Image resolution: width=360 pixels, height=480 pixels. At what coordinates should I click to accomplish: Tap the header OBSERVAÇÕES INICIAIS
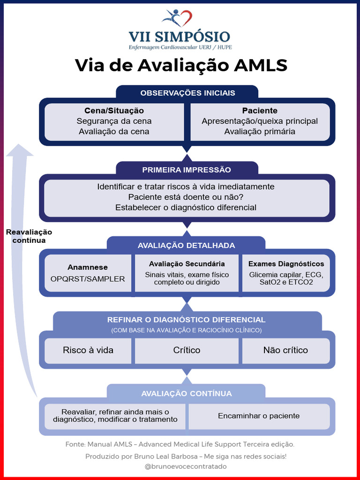187,93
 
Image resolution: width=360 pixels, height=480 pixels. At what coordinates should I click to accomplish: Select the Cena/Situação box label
114,111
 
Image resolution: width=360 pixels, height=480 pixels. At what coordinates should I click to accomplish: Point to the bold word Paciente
260,111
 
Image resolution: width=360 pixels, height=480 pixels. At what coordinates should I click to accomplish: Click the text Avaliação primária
260,132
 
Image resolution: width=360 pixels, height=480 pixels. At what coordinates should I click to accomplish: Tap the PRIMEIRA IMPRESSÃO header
187,170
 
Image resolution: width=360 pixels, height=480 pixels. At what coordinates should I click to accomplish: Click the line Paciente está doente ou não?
186,197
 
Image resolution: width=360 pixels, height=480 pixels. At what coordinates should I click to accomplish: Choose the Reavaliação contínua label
29,236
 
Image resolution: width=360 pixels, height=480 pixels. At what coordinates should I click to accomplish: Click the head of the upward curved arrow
19,151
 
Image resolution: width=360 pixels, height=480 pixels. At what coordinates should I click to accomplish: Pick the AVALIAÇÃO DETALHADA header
187,246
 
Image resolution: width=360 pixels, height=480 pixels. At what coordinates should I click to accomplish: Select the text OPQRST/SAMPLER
88,279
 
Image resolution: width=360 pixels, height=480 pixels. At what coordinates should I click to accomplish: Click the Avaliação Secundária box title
187,264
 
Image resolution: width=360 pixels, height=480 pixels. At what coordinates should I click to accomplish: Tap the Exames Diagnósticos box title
286,264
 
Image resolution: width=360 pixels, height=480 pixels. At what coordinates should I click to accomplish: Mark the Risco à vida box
88,350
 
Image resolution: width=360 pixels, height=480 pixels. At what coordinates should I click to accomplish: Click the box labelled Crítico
187,350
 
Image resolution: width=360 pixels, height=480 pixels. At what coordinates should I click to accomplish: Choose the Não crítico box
285,350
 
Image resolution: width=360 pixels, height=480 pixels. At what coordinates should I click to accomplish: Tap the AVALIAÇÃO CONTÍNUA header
187,394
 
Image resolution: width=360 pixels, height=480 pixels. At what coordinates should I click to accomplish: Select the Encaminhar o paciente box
259,416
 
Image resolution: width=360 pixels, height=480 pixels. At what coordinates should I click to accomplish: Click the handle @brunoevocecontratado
186,466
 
